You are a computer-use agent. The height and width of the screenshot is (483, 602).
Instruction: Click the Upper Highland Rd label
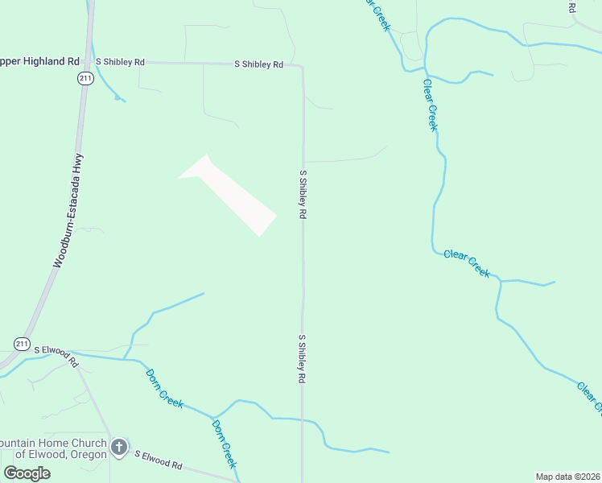40,61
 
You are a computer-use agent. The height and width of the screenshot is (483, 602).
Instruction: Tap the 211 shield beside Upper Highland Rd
85,77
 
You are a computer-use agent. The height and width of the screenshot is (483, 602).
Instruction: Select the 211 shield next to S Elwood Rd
22,345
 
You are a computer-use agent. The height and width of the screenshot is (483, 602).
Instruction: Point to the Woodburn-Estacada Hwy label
68,212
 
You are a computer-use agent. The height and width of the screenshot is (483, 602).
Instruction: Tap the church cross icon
118,447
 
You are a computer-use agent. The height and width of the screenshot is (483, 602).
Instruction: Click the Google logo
27,473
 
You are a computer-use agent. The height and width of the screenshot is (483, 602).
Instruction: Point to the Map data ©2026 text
567,477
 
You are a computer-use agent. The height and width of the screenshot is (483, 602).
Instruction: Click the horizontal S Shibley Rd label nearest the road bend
259,64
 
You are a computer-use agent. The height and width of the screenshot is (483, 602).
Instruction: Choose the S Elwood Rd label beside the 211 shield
56,355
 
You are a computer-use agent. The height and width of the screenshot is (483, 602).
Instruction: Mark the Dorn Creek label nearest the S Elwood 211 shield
165,388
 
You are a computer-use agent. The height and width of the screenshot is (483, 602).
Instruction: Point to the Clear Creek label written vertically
431,106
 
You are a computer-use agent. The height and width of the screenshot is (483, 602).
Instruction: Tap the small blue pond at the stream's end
119,98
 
